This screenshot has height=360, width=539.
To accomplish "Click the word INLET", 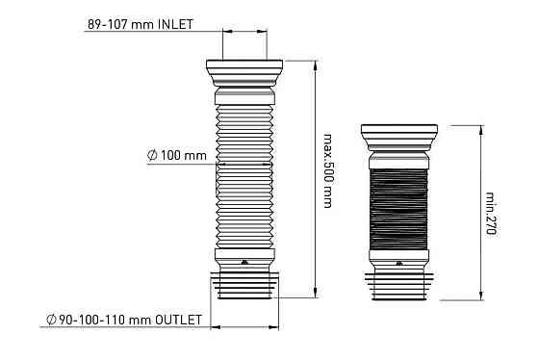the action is (175, 24).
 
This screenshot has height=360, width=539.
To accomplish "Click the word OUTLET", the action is (178, 320).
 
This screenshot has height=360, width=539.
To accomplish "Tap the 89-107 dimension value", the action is (108, 24).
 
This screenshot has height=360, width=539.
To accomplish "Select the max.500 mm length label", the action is (328, 171).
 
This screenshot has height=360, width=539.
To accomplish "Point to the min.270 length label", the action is (491, 213).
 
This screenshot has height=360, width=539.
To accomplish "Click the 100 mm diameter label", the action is (184, 155).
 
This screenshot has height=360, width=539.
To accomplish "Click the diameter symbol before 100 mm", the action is (152, 155).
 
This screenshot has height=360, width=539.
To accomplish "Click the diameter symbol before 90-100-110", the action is (51, 320).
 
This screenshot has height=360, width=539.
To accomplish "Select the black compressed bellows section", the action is (398, 209).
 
